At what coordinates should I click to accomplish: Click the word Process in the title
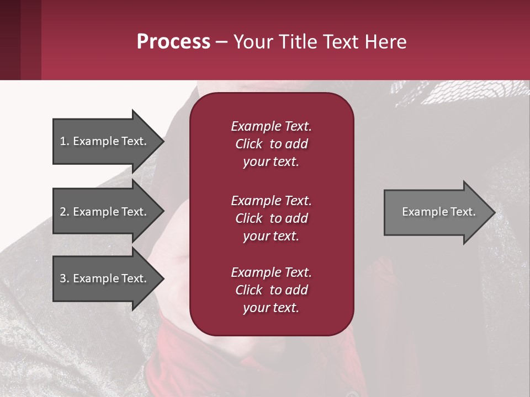[173, 42]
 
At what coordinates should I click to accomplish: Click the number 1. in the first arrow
[65, 141]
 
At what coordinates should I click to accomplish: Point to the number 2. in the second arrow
[65, 212]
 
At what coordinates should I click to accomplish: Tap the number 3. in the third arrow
[65, 278]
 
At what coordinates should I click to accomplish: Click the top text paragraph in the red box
[271, 144]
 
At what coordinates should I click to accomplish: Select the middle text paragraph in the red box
[271, 218]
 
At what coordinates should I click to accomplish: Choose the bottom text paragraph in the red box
[271, 290]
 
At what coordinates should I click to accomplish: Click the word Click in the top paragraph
[248, 144]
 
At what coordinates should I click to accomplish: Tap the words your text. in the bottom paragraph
[271, 308]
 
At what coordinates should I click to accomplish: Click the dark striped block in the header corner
[20, 40]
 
